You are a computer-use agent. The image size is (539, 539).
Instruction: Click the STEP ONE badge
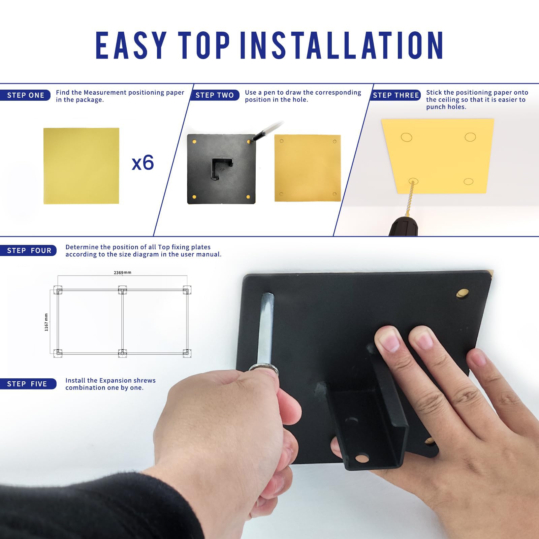coord(25,95)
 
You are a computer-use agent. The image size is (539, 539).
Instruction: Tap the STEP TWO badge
coord(215,95)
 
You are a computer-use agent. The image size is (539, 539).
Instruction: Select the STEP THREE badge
coord(395,95)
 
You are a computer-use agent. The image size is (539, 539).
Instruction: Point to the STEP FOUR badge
coord(28,251)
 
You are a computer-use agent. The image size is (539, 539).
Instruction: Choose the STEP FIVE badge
coord(28,384)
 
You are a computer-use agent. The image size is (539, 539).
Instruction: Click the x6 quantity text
coord(142,163)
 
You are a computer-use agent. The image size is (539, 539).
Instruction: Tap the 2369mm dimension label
coord(122,272)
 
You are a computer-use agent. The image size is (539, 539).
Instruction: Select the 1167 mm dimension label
coord(46,322)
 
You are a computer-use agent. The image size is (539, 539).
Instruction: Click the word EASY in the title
coord(131,45)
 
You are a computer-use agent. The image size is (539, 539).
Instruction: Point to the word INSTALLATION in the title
coord(342,45)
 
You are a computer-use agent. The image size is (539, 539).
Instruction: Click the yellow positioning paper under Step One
coord(81,166)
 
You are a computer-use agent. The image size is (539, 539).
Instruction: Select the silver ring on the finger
coord(263,369)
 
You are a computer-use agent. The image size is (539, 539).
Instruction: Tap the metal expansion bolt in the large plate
coord(265,328)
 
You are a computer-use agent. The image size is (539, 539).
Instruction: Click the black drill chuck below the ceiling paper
coord(403,226)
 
